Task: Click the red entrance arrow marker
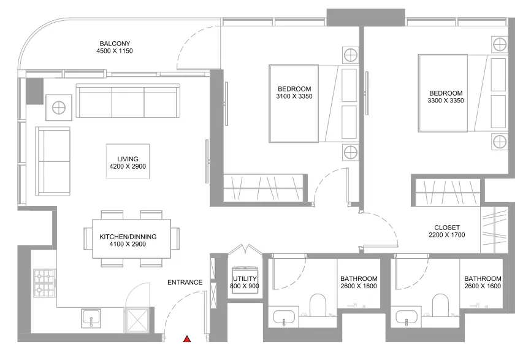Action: tap(187, 339)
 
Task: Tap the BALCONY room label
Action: tap(115, 44)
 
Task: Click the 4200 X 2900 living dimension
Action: tap(128, 166)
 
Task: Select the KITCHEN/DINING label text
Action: tap(128, 237)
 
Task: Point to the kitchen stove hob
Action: tap(45, 283)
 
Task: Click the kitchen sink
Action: tap(91, 318)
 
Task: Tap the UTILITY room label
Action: tap(245, 278)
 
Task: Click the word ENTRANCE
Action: tap(185, 282)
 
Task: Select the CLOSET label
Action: tap(447, 228)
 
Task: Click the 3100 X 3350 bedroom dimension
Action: tap(294, 96)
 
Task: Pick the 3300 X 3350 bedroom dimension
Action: tap(446, 100)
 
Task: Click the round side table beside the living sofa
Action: tap(59, 108)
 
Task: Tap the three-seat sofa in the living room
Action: tap(128, 101)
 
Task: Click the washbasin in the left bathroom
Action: tap(284, 318)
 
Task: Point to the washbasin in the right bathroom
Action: tap(407, 318)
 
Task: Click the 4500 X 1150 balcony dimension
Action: tap(115, 51)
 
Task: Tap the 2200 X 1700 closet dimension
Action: tap(447, 235)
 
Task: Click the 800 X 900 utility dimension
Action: tap(245, 286)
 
